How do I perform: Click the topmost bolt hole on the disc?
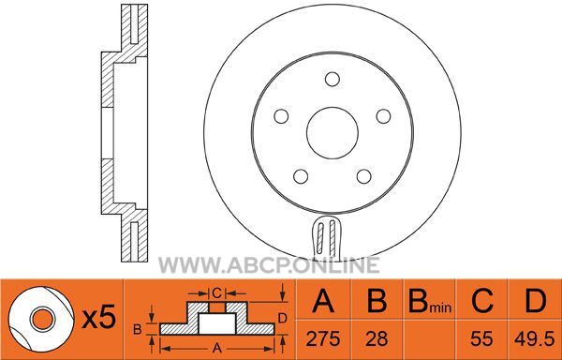[333, 80]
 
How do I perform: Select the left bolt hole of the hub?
[281, 116]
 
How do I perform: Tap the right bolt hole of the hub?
[383, 116]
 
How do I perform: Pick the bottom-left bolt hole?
[301, 176]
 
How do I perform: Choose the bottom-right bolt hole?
[364, 176]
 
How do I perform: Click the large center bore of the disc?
[333, 133]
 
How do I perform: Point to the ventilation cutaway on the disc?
[327, 238]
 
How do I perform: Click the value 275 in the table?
[323, 338]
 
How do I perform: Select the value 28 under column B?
[377, 338]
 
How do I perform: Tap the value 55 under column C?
[481, 338]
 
